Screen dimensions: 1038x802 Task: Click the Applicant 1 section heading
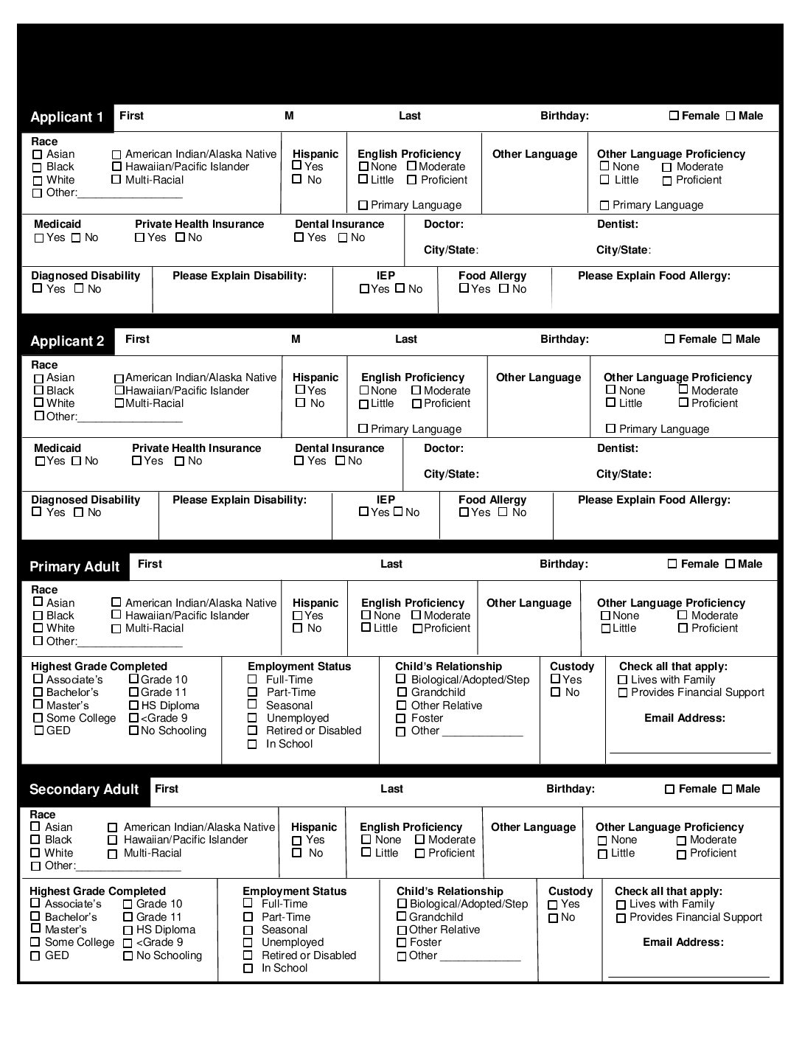click(67, 117)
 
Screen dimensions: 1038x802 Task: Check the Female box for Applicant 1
click(674, 116)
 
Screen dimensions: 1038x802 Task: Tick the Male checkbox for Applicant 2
click(727, 339)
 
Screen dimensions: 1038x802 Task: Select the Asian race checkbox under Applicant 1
click(38, 155)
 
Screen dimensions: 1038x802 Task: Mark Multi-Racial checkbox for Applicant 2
click(119, 403)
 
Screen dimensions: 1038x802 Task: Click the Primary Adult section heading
click(74, 567)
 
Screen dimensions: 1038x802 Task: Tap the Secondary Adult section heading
click(84, 790)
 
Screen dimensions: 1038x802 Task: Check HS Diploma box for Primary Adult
click(133, 706)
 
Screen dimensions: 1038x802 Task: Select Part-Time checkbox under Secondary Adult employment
click(248, 917)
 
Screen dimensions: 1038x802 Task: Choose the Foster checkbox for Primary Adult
click(401, 719)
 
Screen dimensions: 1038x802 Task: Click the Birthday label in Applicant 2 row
click(565, 339)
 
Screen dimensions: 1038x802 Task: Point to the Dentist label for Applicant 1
click(618, 224)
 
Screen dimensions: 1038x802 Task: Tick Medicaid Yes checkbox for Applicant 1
click(39, 238)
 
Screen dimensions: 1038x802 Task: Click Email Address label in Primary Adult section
click(685, 718)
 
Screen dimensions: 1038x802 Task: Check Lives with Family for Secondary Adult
click(621, 905)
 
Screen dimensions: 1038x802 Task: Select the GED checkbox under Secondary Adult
click(35, 956)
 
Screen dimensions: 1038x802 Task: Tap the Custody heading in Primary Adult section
click(571, 666)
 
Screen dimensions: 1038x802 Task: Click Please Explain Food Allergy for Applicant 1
click(654, 276)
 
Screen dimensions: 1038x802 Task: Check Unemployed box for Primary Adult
click(252, 719)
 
